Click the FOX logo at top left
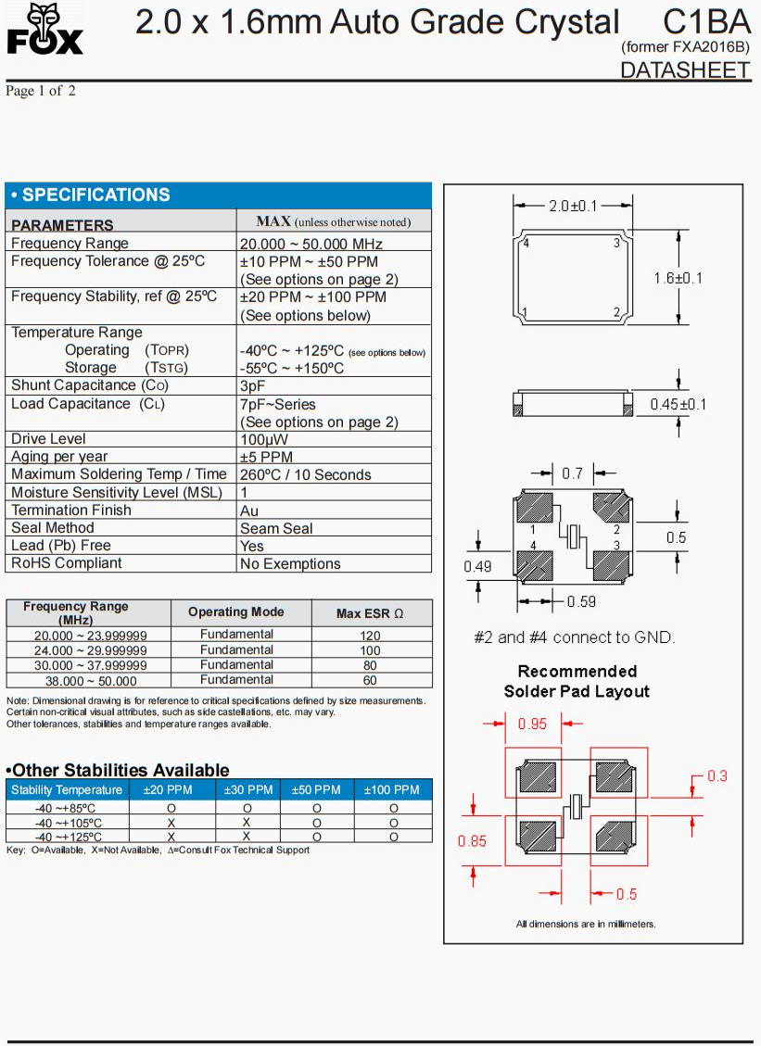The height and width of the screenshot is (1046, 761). point(44,30)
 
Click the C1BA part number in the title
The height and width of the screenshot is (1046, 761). point(706,21)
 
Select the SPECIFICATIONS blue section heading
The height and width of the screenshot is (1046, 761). point(91,195)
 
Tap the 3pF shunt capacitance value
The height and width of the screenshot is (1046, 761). point(253,385)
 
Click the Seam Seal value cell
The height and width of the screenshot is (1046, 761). point(276,528)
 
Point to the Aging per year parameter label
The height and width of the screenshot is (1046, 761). point(59,457)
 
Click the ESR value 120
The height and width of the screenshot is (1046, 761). point(370,636)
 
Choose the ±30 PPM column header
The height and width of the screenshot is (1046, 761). point(247,790)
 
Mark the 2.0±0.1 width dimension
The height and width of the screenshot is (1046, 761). point(572,206)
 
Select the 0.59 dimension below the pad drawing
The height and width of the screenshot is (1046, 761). point(581,602)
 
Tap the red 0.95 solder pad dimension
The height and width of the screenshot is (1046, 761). point(533,725)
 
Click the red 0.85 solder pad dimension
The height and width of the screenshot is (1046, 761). point(472,841)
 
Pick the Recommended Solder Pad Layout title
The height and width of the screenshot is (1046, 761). point(577,681)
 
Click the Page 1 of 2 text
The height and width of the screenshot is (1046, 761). point(41,91)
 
